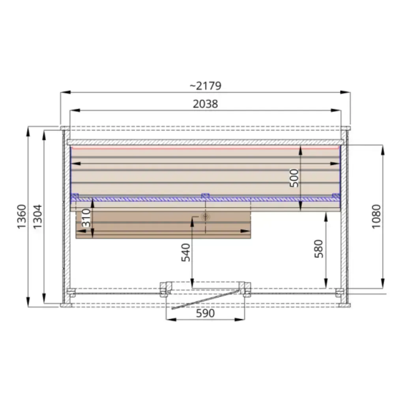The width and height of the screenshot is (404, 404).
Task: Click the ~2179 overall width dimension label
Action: [x=205, y=86]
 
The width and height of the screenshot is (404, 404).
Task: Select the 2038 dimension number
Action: [x=205, y=104]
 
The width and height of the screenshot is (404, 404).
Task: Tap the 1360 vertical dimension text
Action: [x=22, y=217]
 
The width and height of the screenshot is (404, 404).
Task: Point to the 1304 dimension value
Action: [x=37, y=217]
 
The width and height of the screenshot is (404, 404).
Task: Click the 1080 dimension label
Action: [x=376, y=217]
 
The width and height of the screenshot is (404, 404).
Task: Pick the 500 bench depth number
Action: [x=294, y=178]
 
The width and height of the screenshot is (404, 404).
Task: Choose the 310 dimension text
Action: [x=86, y=218]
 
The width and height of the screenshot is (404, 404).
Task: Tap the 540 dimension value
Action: [x=185, y=252]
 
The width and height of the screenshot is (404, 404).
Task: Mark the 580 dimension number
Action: [x=319, y=249]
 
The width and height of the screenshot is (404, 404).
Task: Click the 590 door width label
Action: [x=205, y=314]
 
